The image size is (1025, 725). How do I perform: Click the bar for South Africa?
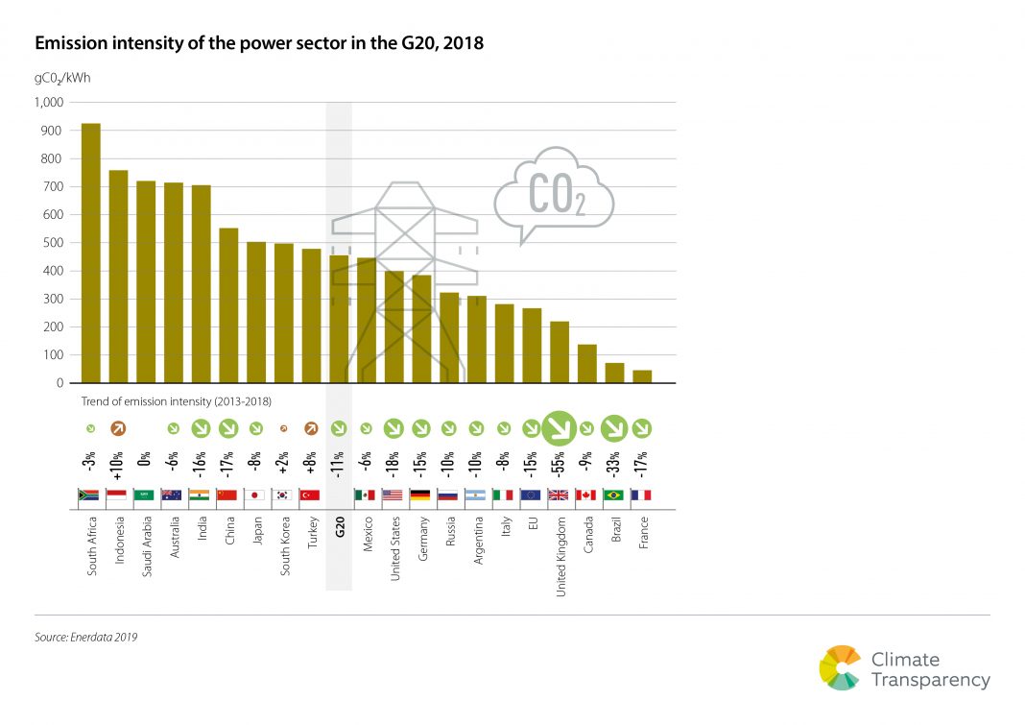[91, 254]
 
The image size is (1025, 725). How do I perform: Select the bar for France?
[642, 376]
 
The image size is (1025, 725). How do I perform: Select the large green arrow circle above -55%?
[559, 428]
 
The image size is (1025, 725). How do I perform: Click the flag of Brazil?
[614, 495]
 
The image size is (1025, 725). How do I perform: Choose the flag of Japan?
[255, 495]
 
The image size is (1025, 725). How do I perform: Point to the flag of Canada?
[586, 495]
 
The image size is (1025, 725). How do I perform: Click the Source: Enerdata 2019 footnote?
[92, 636]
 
